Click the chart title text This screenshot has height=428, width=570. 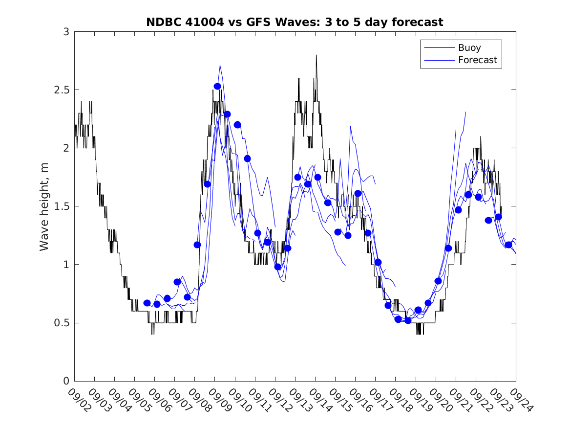295,22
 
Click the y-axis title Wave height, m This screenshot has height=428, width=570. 44,206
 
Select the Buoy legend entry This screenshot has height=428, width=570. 461,48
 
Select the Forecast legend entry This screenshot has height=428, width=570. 461,60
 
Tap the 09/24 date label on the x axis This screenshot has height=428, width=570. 519,400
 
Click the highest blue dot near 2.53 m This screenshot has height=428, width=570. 217,86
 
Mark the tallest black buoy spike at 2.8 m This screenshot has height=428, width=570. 316,56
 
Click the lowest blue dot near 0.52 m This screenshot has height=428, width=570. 408,320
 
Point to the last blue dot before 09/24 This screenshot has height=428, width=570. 508,245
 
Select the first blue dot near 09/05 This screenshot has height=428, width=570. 147,303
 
